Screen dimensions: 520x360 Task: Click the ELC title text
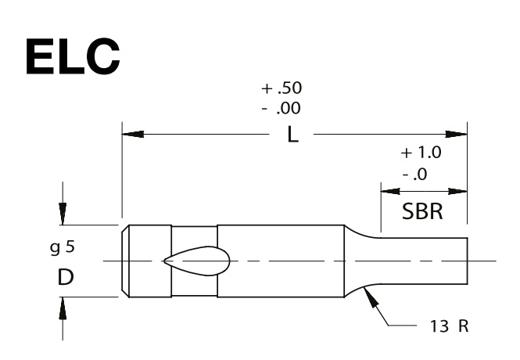click(73, 56)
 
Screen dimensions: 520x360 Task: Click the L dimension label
click(292, 135)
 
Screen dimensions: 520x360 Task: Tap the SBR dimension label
click(422, 211)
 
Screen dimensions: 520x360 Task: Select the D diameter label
click(66, 277)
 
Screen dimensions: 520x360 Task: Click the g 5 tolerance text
click(63, 247)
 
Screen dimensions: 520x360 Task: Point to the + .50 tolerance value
click(282, 88)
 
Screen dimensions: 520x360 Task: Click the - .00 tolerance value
click(282, 108)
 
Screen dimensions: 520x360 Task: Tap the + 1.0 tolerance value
click(421, 153)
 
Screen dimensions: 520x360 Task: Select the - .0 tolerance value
click(415, 175)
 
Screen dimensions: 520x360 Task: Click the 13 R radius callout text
click(450, 326)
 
